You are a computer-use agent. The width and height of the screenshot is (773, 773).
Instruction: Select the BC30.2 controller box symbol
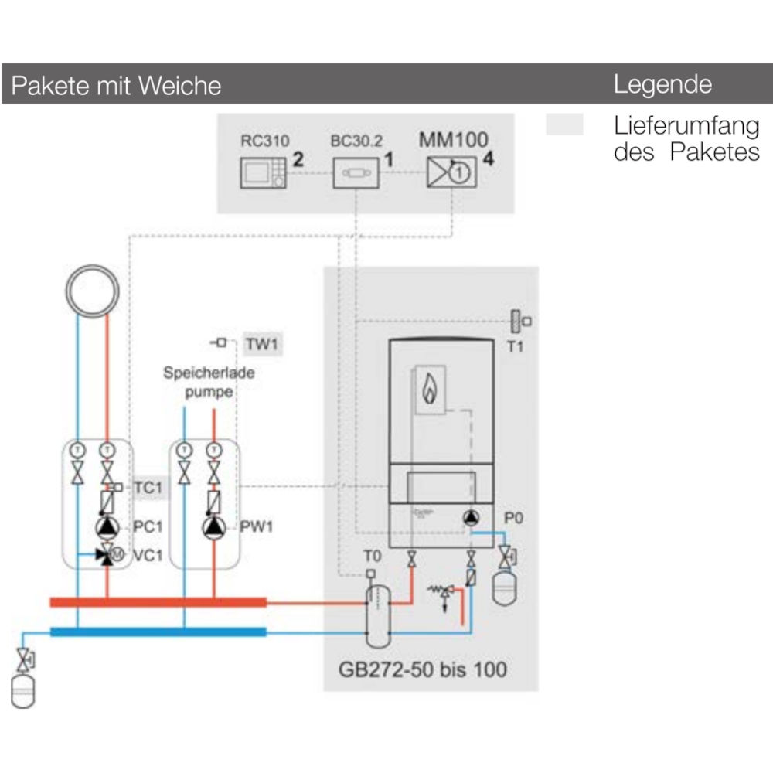point(356,173)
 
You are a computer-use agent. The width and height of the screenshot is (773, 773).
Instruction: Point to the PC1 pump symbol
point(107,527)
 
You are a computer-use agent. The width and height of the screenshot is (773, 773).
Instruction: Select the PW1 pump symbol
point(213,527)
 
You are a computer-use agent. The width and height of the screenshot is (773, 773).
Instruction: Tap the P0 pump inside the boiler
point(471,518)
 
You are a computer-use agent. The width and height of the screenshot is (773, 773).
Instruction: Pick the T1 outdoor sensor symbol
point(516,320)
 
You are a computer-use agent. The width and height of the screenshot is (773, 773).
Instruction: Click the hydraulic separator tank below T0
point(378,615)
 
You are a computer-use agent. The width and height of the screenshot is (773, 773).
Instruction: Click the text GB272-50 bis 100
point(423,668)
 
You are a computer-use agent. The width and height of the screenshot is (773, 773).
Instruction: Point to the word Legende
point(662,84)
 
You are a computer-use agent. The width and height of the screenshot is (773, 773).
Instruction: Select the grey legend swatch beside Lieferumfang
point(564,125)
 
